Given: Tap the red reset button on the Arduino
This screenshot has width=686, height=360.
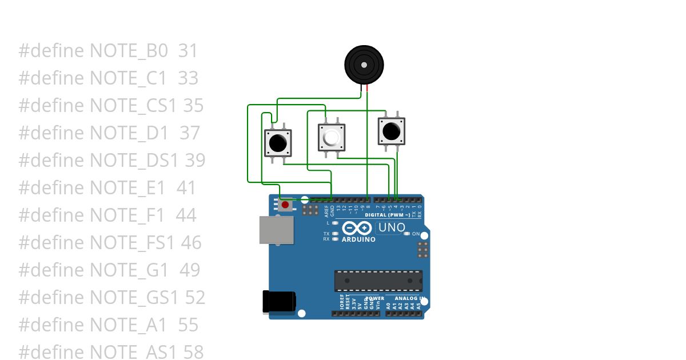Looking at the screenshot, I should (x=285, y=204).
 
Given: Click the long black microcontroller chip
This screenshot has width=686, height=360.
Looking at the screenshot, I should (x=378, y=281).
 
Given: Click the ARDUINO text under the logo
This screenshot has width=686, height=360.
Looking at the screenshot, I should (x=358, y=239).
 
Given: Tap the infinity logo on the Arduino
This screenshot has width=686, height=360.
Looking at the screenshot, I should (x=358, y=228).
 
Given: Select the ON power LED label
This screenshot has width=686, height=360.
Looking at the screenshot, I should (x=416, y=234).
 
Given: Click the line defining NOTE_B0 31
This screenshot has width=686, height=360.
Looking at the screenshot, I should (x=108, y=51).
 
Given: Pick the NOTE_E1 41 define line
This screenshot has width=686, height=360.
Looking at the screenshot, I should (x=107, y=187).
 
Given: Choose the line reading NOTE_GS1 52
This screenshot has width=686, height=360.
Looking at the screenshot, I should (x=111, y=297).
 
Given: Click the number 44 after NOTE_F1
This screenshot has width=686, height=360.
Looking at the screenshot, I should (x=186, y=215).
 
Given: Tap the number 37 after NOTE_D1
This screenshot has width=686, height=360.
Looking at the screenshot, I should (x=190, y=133).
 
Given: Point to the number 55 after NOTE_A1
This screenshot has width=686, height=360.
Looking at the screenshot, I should (x=188, y=325).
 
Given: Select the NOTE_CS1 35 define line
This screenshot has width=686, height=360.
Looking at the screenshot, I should (x=111, y=105).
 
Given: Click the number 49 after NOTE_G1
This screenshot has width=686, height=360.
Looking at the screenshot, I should (x=189, y=270).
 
